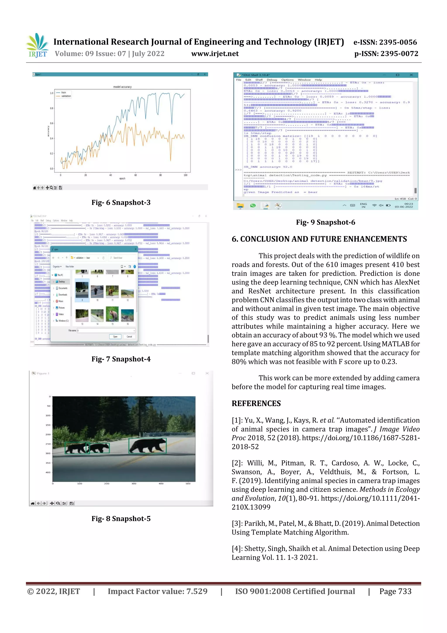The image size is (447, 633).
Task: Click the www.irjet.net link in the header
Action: coord(215,54)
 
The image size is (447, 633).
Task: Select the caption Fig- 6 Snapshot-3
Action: coord(121,203)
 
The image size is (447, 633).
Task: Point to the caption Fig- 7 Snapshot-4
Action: coord(121,359)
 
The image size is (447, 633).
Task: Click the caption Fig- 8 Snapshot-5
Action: coord(121,519)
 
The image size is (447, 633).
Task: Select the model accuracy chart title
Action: coord(122,87)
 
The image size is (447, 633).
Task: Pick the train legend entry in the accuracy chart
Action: coord(64,93)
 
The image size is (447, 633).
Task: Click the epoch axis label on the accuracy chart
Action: coord(122,178)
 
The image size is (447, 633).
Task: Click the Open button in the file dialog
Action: coord(115,337)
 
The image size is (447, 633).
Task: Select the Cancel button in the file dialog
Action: coord(129,337)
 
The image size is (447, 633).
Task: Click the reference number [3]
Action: coord(236,524)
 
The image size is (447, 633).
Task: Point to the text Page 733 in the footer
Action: coord(395,591)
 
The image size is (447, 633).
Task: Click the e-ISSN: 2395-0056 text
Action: coord(385,42)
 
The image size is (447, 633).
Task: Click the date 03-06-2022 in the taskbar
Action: coord(404,207)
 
